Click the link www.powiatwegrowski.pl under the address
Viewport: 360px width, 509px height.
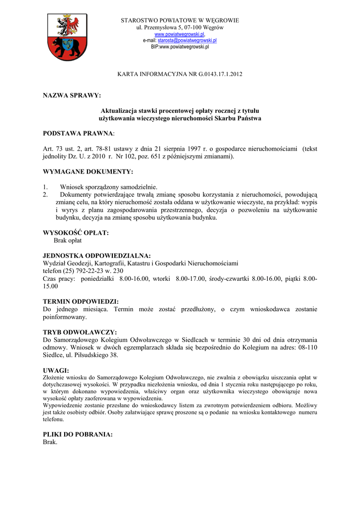click(180, 34)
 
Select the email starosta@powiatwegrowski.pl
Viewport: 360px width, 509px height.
click(187, 40)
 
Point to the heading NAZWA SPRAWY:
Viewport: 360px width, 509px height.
click(72, 95)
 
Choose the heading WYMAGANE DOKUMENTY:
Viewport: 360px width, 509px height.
click(88, 171)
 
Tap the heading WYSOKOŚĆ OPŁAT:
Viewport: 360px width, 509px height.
click(76, 233)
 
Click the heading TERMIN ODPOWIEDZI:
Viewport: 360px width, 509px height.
click(81, 301)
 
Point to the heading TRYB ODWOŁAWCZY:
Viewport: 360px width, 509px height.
click(80, 332)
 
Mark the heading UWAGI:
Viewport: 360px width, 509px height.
click(56, 370)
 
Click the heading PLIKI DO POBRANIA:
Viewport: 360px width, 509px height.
click(78, 434)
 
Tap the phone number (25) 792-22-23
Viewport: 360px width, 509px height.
click(83, 270)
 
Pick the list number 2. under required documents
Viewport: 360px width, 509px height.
click(45, 194)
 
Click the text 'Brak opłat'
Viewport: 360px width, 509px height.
click(68, 240)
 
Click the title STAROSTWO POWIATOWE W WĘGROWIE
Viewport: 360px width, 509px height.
click(180, 20)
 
